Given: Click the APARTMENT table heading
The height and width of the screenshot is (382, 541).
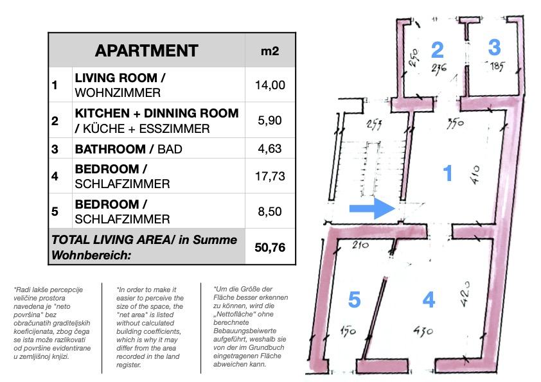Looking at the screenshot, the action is coord(146,51).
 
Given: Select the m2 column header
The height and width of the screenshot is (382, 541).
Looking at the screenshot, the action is coord(270,51).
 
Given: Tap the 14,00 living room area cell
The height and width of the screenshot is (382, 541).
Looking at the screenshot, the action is coord(270,85).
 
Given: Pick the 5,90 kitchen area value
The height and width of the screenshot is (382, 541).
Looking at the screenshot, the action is coord(270,120).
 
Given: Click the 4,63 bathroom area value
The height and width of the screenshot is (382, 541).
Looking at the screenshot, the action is coord(270,148).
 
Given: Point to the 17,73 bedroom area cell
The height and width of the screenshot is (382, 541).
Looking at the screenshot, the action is coord(270,176).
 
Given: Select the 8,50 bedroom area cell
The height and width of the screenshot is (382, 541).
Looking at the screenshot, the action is coord(270,211).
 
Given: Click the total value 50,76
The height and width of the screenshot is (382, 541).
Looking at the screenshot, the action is coord(270,248).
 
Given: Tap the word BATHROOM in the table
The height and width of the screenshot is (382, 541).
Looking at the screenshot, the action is coord(111,149).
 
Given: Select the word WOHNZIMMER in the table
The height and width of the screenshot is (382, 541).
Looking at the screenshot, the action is coord(118,92).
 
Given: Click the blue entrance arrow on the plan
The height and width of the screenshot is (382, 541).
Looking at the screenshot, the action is coord(372,208).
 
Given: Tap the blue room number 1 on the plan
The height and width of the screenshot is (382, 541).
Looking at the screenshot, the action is coord(447,173).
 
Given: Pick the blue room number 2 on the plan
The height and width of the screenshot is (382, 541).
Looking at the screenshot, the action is coord(438,50).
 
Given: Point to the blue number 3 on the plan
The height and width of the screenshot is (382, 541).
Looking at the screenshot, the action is coord(495,48).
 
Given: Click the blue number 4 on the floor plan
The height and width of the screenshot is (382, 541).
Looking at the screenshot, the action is coord(429,299).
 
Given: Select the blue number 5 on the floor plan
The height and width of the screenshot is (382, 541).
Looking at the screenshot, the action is coord(354,299).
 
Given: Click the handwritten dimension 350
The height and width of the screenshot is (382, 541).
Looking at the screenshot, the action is coord(455,123).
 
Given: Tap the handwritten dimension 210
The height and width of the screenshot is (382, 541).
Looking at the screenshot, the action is coord(360,245).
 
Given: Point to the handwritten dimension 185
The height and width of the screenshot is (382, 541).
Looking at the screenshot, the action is coord(496,66).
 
